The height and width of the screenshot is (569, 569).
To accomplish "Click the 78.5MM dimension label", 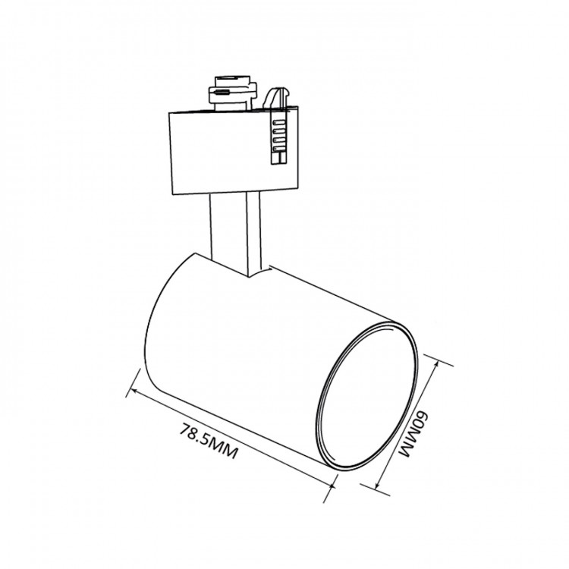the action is [x=209, y=441].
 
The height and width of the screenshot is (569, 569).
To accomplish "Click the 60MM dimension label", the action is [x=413, y=435].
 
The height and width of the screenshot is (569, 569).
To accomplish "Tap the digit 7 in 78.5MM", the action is [x=184, y=428].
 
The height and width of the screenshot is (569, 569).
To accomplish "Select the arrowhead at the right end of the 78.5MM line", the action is [x=329, y=486].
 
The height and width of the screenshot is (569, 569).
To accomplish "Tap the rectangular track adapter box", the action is [x=234, y=151].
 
